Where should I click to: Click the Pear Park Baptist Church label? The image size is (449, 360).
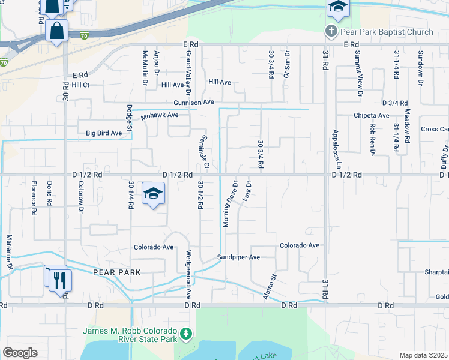coord(387,31)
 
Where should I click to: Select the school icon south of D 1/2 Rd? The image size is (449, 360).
coord(153,194)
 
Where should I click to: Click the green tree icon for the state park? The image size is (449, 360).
coord(187,333)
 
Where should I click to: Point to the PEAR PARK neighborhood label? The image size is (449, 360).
coord(116,272)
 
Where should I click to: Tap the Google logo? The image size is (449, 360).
coord(20,353)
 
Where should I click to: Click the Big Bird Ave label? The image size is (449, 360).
coord(104,133)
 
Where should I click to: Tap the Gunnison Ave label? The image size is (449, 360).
coord(194,103)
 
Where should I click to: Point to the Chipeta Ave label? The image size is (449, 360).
coord(372,115)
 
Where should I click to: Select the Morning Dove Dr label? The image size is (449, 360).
coord(228,203)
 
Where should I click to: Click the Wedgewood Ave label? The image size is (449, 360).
coord(188,275)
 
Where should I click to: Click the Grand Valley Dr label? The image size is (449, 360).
coord(187,74)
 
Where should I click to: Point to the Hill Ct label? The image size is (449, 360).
coord(80,85)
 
